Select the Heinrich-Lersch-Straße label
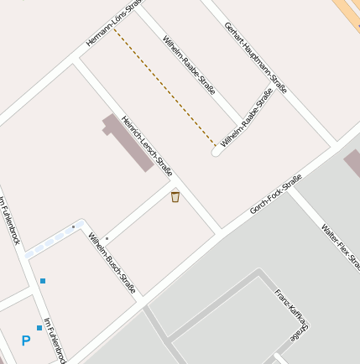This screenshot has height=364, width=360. (147, 145)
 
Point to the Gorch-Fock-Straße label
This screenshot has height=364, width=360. (275, 194)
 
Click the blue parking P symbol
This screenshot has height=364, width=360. (26, 341)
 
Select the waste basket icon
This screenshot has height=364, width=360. (175, 197)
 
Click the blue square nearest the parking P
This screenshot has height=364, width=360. (39, 327)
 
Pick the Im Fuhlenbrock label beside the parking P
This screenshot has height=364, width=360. (55, 341)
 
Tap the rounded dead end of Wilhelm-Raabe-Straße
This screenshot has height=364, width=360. (216, 153)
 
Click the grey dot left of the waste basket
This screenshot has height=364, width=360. (107, 238)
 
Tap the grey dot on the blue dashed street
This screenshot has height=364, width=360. (73, 226)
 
